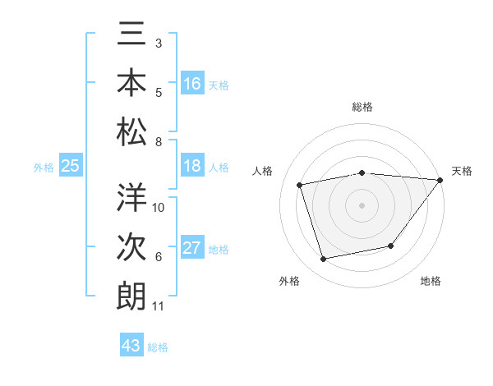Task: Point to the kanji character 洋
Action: click(x=131, y=198)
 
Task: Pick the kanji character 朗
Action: click(x=131, y=296)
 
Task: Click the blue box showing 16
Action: click(x=192, y=84)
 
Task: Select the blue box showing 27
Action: click(x=192, y=248)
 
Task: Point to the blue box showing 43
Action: click(x=131, y=346)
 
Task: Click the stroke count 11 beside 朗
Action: click(x=158, y=307)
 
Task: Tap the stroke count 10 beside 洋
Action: click(x=159, y=208)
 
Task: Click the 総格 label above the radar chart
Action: click(x=362, y=107)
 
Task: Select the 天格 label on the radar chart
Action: click(x=462, y=171)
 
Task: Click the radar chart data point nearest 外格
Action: click(x=324, y=260)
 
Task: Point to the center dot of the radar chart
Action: click(x=362, y=205)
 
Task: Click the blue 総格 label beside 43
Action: click(x=158, y=347)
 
